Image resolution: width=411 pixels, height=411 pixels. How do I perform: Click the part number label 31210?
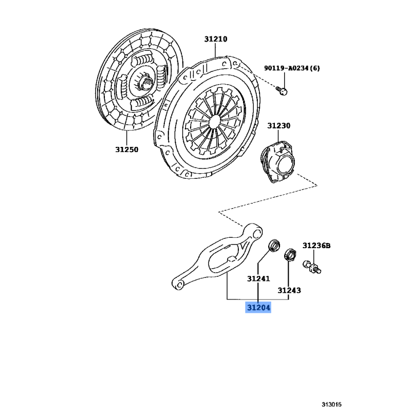pos(216,39)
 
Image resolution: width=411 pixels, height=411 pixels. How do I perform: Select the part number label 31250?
pos(126,150)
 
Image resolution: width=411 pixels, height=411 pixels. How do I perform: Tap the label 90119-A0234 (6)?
pos(292,68)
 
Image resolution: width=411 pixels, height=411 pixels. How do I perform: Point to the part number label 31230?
pos(278,125)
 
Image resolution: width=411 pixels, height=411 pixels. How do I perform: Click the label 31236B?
pos(316,246)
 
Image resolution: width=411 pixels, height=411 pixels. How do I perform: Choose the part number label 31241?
pos(258,278)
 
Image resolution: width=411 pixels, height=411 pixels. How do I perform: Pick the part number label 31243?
pos(289,290)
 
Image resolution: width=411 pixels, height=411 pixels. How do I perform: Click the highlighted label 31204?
pos(258,307)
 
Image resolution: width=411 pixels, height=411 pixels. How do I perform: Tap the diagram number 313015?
pos(331,404)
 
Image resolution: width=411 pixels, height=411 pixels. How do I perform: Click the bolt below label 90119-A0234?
pos(282,91)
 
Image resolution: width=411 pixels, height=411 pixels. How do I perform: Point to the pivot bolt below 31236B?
pos(312,267)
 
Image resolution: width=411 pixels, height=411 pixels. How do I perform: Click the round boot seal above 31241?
pos(274,246)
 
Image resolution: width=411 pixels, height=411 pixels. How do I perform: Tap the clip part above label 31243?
pos(290,254)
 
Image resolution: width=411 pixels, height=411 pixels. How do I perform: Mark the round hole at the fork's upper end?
pos(258,233)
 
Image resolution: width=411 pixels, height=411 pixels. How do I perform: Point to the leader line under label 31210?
pos(215,50)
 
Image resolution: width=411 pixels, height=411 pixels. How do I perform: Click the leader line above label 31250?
pos(126,138)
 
